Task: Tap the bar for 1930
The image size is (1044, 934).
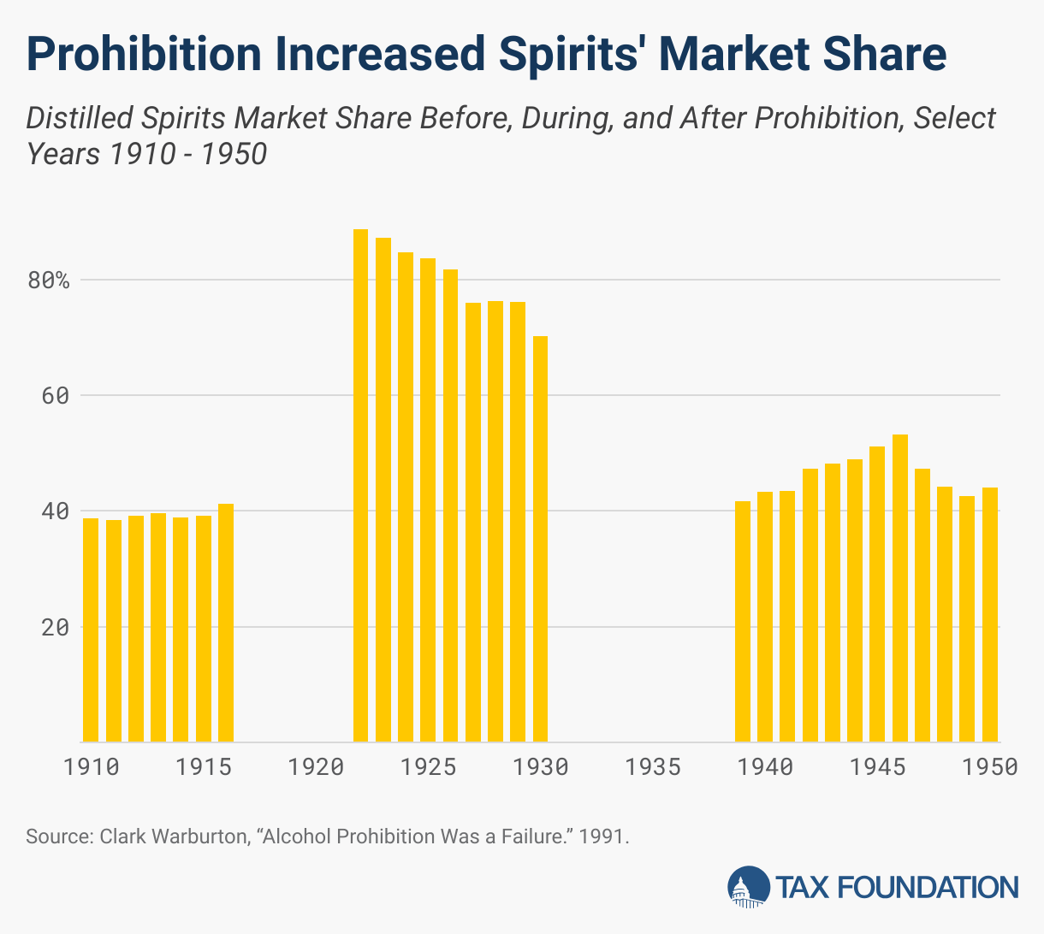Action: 540,539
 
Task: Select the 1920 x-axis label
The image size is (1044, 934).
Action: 316,766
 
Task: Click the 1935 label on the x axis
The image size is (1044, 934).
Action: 653,766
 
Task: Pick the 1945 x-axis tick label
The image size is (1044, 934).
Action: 877,766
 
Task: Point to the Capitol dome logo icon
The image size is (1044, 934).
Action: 748,887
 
